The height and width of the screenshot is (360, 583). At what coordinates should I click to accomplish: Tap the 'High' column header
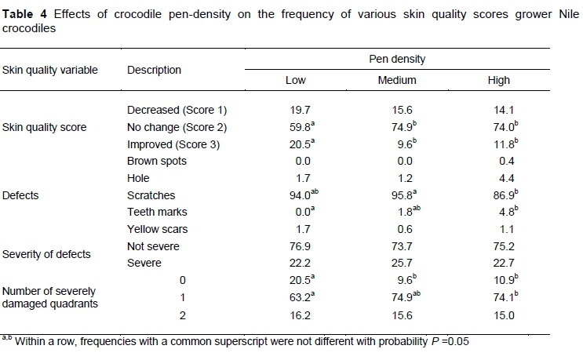pyautogui.click(x=498, y=80)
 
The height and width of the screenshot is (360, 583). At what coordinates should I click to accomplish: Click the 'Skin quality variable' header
pyautogui.click(x=51, y=70)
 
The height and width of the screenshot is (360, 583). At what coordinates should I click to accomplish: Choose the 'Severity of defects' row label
pyautogui.click(x=46, y=254)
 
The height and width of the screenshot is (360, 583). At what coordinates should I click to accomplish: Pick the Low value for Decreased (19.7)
pyautogui.click(x=294, y=110)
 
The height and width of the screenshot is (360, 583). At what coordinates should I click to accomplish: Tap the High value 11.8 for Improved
pyautogui.click(x=500, y=144)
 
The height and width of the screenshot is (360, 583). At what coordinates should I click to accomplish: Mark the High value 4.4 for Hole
pyautogui.click(x=498, y=178)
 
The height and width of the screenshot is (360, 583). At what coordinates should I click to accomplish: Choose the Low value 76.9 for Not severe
pyautogui.click(x=294, y=246)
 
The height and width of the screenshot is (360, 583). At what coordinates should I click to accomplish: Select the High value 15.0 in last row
pyautogui.click(x=498, y=315)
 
